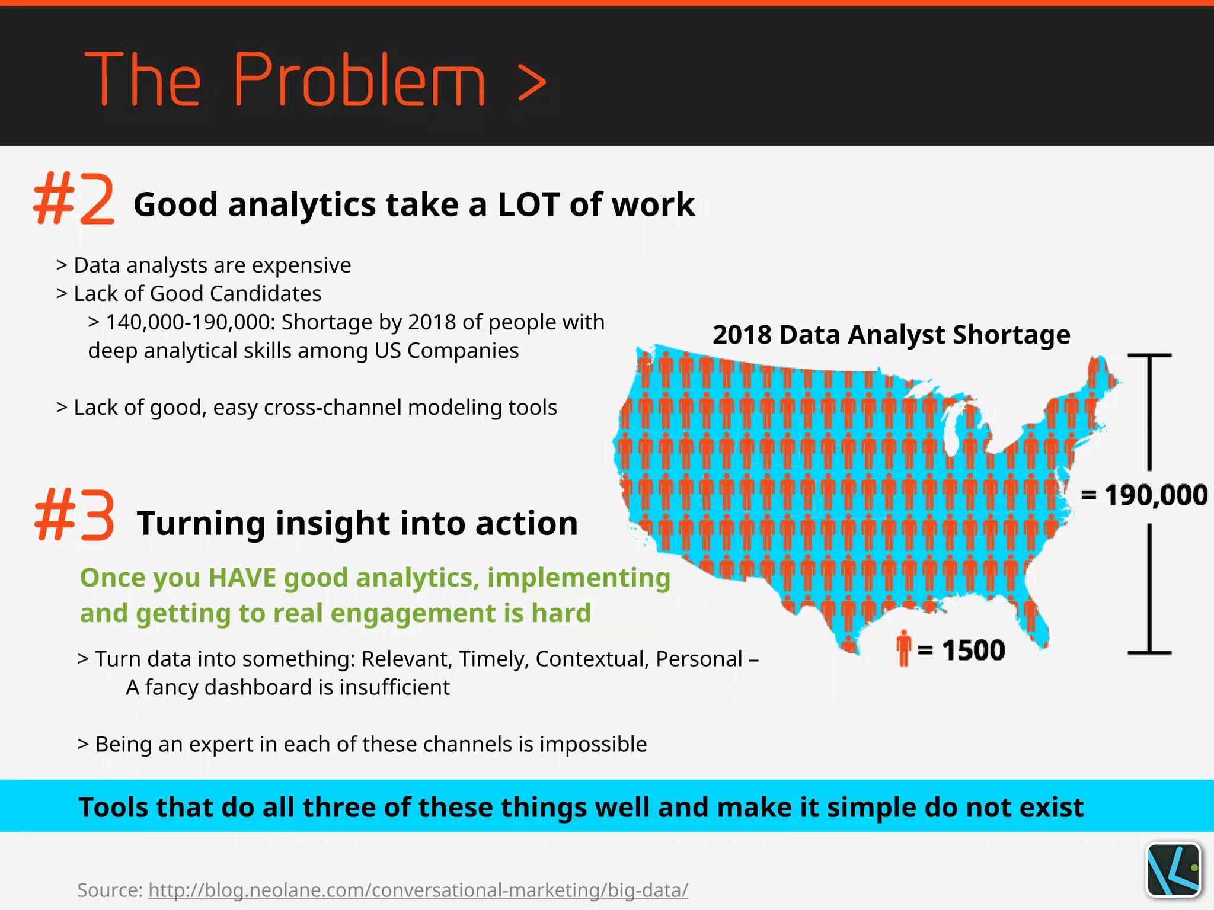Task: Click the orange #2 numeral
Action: [x=74, y=199]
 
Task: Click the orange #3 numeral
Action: [x=74, y=515]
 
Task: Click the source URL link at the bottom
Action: [x=418, y=889]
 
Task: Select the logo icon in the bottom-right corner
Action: [x=1173, y=870]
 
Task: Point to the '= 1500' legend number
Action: [x=973, y=651]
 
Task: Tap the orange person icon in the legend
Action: [x=903, y=648]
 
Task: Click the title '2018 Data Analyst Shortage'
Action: [x=891, y=335]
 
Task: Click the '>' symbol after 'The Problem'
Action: [x=531, y=83]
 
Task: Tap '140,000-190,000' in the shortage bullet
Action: [x=190, y=322]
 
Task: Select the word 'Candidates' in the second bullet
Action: [x=265, y=294]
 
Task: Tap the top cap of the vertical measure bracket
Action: [x=1149, y=355]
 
